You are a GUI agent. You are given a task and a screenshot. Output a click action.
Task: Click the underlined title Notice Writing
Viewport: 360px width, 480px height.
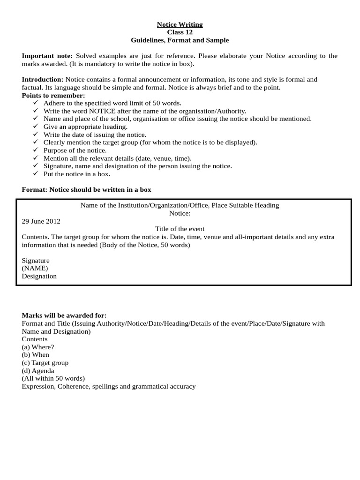[180, 24]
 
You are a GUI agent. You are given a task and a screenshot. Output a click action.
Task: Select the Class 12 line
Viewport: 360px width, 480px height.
[180, 32]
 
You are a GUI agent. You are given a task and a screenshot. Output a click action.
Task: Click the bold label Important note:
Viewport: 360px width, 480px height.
[47, 56]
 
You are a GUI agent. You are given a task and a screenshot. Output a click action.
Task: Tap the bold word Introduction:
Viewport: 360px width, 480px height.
[43, 80]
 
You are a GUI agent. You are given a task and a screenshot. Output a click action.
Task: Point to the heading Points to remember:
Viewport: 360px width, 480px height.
[53, 96]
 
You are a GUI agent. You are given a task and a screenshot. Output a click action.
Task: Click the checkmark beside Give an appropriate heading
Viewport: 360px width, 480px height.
[36, 127]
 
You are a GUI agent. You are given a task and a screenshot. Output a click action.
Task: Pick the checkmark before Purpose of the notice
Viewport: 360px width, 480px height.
[36, 150]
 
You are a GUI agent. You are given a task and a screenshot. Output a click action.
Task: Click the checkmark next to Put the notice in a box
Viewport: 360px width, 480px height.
[36, 174]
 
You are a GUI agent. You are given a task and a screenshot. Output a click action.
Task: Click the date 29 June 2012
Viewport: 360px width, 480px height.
[41, 221]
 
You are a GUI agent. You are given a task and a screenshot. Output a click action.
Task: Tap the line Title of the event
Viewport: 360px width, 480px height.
[180, 229]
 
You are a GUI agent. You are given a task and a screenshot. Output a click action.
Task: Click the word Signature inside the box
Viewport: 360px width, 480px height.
[36, 260]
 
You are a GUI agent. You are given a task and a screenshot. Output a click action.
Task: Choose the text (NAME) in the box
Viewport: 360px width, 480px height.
[35, 268]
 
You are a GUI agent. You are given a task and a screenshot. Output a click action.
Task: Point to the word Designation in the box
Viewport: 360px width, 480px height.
[39, 276]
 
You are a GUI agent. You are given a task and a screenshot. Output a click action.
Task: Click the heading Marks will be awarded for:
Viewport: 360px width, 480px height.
[64, 315]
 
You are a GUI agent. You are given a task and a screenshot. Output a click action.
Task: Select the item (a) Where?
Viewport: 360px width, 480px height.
[38, 347]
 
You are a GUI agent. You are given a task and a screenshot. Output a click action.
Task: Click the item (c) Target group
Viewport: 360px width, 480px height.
[45, 363]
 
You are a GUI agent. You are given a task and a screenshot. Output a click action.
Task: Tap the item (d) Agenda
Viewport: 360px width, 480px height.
[38, 371]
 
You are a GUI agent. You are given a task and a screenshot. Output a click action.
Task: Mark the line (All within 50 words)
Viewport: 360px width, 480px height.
[53, 379]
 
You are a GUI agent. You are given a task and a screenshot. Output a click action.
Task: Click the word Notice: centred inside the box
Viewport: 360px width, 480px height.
[180, 213]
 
